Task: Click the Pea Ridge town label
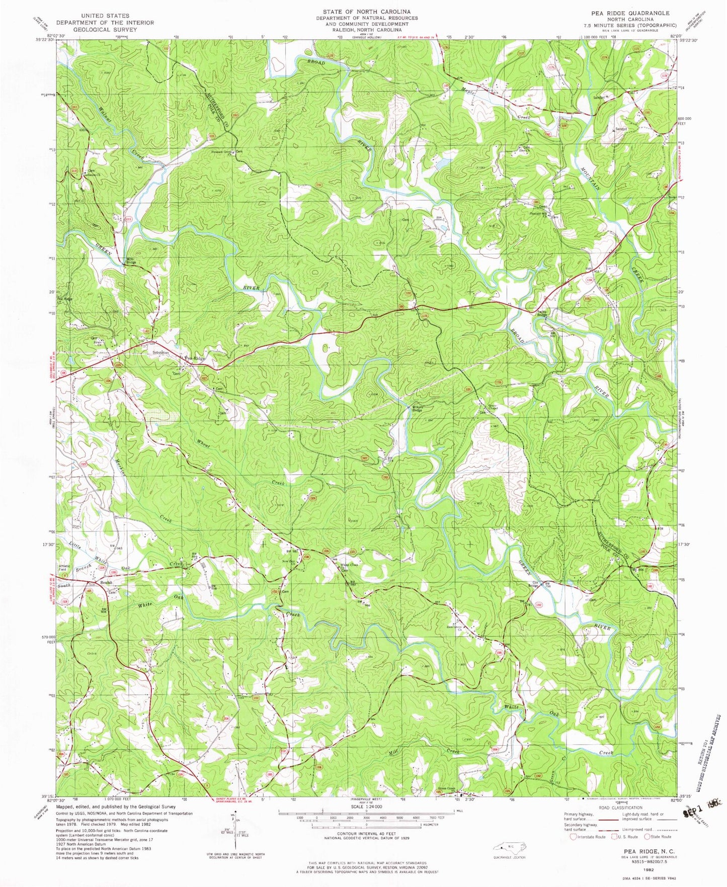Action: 195,358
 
